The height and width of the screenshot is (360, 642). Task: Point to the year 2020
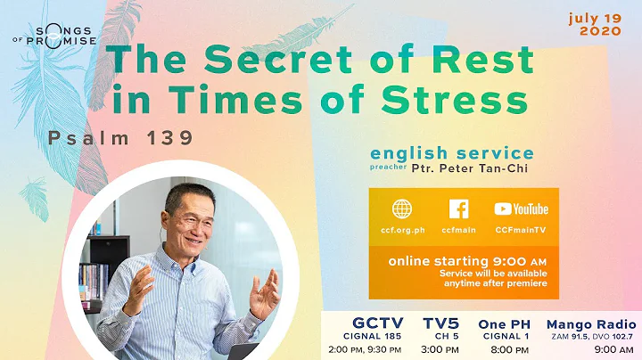[606, 30]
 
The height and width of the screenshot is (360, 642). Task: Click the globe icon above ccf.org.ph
[402, 209]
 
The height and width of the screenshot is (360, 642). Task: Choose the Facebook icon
[458, 209]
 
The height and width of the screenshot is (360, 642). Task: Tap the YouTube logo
[521, 209]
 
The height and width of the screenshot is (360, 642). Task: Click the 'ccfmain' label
[458, 230]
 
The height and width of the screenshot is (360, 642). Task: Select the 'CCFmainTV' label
[521, 230]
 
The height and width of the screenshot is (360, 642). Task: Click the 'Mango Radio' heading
[590, 323]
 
